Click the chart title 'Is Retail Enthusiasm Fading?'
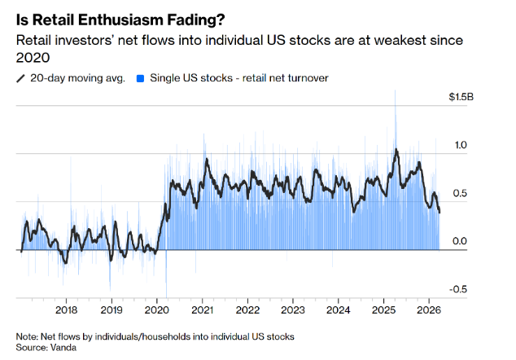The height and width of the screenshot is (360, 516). (x=120, y=20)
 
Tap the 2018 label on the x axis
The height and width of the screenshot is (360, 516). (x=66, y=310)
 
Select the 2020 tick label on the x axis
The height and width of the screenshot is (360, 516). (x=157, y=310)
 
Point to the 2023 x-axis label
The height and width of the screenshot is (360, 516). (x=293, y=310)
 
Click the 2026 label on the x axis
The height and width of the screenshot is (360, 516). (x=429, y=310)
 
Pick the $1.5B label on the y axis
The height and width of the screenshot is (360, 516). (x=461, y=97)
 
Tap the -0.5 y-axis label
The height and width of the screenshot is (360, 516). (x=458, y=289)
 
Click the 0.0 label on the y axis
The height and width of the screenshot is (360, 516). (x=460, y=241)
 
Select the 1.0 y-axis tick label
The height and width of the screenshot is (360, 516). (x=461, y=145)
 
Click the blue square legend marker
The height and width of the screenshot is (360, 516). (x=141, y=78)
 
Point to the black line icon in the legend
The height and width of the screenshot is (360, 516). (x=20, y=78)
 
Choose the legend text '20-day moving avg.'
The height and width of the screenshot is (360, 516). (x=77, y=78)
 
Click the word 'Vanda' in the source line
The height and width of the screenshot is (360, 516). (x=63, y=348)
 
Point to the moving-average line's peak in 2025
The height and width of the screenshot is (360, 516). (x=396, y=150)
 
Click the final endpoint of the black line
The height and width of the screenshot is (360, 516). (x=439, y=213)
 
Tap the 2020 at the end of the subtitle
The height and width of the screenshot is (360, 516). (x=33, y=58)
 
